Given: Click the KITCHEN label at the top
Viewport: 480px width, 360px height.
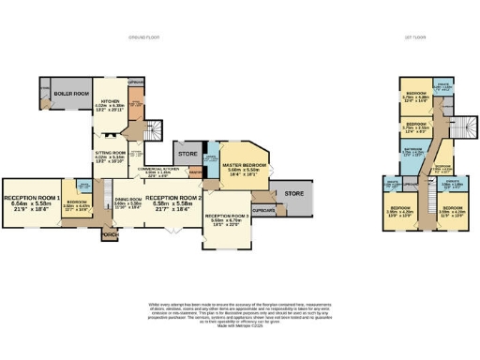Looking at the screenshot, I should pyautogui.click(x=112, y=99).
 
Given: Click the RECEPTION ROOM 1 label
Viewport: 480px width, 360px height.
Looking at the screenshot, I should pyautogui.click(x=33, y=198).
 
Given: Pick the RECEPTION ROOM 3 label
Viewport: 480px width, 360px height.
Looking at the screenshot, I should pyautogui.click(x=227, y=217).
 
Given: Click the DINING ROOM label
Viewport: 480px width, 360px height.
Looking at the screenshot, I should pyautogui.click(x=127, y=200).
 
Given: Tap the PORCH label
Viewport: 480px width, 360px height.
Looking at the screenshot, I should pyautogui.click(x=110, y=235).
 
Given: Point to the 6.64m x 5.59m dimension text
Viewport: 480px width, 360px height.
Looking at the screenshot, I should pyautogui.click(x=33, y=203).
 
